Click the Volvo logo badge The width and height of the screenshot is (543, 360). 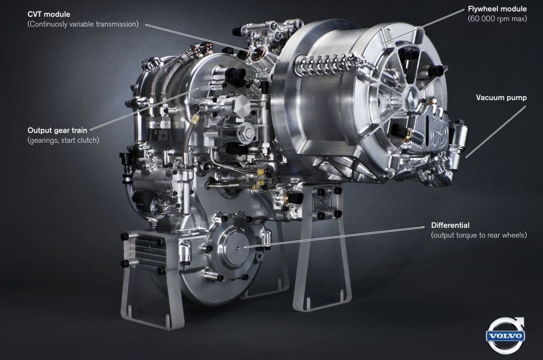coord(506,336)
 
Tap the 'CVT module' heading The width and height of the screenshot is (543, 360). coord(49,14)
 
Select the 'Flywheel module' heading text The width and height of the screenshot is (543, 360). coord(497,9)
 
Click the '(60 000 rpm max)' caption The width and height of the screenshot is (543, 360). coord(497,19)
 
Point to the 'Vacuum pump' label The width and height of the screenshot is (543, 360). coord(501,98)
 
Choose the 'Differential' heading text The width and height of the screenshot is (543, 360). coord(450,225)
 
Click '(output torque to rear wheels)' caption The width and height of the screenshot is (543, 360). coord(479,235)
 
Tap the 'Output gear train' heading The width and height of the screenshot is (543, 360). coord(57,130)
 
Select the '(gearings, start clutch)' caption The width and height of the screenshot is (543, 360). coord(63,140)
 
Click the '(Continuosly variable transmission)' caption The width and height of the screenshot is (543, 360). coord(83,24)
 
